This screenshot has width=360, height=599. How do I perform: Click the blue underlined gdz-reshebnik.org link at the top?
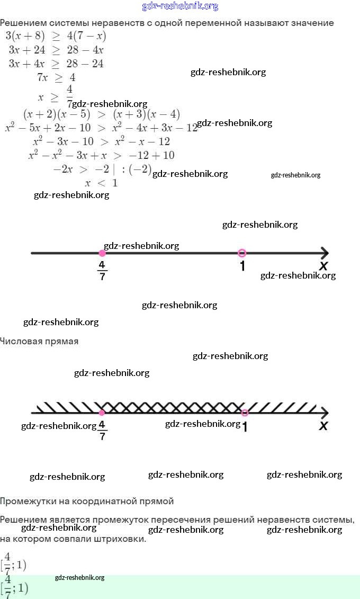pyautogui.click(x=180, y=6)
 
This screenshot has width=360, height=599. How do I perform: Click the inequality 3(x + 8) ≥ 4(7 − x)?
pyautogui.click(x=56, y=37)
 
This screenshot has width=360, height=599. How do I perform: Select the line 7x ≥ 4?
pyautogui.click(x=56, y=78)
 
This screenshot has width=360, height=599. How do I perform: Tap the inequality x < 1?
pyautogui.click(x=101, y=183)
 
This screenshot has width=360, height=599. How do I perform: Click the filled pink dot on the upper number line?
pyautogui.click(x=102, y=253)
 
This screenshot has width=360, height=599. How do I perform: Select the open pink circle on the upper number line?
pyautogui.click(x=242, y=253)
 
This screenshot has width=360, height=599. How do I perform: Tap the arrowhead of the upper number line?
pyautogui.click(x=324, y=253)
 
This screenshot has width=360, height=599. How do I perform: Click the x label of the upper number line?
pyautogui.click(x=323, y=266)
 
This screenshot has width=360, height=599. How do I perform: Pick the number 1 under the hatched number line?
pyautogui.click(x=245, y=426)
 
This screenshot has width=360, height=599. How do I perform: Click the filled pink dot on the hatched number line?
pyautogui.click(x=102, y=413)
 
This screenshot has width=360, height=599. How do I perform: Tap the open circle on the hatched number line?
pyautogui.click(x=244, y=413)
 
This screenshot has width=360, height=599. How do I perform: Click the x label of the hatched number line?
pyautogui.click(x=323, y=425)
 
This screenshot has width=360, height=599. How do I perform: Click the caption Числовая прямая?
pyautogui.click(x=39, y=342)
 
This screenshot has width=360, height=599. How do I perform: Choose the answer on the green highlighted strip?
pyautogui.click(x=15, y=588)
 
